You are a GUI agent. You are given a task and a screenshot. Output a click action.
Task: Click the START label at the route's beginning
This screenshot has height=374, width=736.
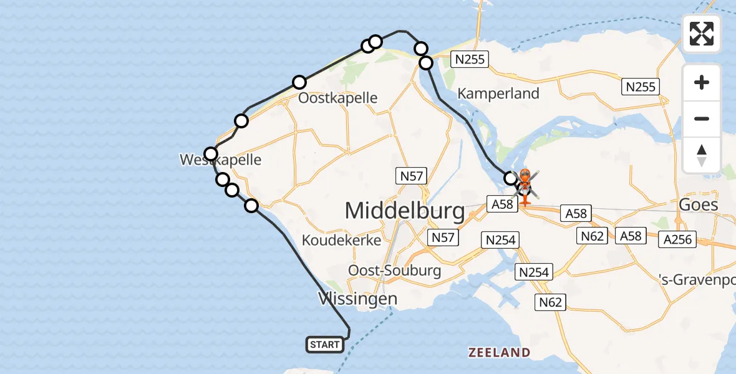325,344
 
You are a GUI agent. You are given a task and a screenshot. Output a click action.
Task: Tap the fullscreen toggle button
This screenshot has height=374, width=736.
702,34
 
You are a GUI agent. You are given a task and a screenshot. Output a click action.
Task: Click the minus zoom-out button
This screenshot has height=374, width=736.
702,118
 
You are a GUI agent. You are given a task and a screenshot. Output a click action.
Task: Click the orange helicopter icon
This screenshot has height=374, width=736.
525,186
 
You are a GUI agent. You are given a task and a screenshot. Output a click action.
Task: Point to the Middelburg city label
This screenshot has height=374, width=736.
405,211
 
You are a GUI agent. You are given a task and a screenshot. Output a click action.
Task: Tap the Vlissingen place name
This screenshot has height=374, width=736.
357,299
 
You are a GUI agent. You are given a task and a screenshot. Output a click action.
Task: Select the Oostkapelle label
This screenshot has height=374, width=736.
337,98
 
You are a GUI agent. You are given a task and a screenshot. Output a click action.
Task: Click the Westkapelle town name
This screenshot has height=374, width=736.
220,160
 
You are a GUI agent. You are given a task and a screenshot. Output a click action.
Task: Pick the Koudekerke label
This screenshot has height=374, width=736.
341,240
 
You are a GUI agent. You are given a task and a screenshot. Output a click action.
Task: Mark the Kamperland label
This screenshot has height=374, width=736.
498,93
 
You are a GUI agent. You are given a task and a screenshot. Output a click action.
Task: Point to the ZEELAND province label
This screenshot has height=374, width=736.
499,353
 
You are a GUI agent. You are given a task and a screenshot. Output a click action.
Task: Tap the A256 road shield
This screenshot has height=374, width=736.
678,239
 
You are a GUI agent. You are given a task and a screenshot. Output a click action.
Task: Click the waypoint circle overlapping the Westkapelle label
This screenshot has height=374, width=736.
211,154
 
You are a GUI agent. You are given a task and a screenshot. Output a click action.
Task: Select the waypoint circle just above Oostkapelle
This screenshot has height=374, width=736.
299,82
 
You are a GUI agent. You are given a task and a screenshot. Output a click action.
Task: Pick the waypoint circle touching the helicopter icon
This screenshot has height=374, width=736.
510,178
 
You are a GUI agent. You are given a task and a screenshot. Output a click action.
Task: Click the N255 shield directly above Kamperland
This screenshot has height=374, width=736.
470,60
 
